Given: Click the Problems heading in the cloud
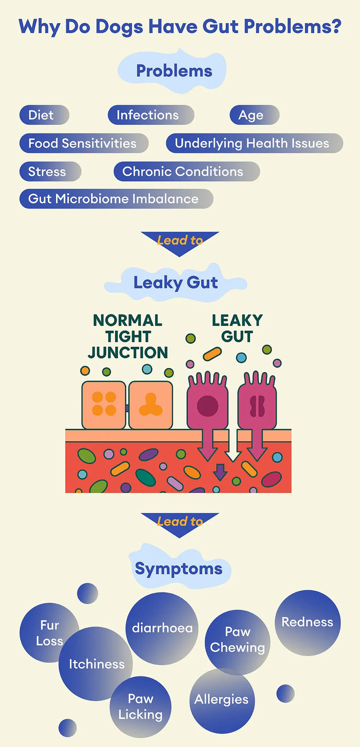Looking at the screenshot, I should pyautogui.click(x=174, y=71).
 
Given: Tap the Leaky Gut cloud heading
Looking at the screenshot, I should pyautogui.click(x=176, y=282).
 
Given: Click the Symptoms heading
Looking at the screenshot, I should pyautogui.click(x=179, y=569).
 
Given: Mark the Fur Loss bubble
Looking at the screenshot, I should pyautogui.click(x=49, y=633).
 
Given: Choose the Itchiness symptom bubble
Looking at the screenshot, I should pyautogui.click(x=96, y=664).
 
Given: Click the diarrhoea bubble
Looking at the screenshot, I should pyautogui.click(x=162, y=628).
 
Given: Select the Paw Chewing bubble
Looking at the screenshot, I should pyautogui.click(x=237, y=639).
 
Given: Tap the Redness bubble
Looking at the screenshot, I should pyautogui.click(x=307, y=622).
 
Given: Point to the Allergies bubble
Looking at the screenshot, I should pyautogui.click(x=221, y=699).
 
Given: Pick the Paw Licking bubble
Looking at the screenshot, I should pyautogui.click(x=140, y=707).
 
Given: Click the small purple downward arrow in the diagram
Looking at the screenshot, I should pyautogui.click(x=220, y=472).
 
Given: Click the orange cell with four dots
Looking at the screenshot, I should pyautogui.click(x=104, y=403).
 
